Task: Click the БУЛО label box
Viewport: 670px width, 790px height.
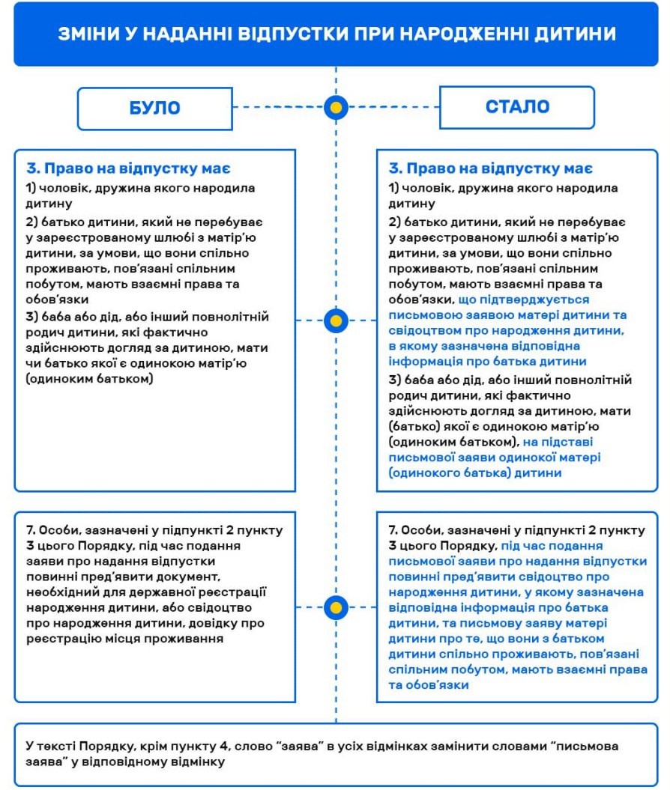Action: [155, 108]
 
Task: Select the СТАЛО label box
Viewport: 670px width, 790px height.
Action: [517, 107]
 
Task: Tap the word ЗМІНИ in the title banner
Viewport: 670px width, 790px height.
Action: [88, 34]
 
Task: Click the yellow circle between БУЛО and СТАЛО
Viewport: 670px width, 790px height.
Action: [336, 108]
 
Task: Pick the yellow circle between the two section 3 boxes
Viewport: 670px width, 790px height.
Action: [336, 321]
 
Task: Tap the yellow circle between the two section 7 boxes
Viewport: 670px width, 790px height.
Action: [336, 607]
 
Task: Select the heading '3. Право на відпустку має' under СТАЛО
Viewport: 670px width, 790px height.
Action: [491, 168]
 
